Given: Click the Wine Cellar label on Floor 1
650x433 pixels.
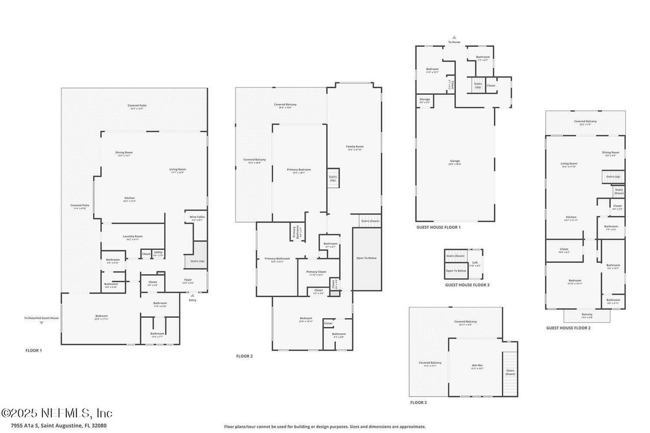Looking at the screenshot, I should (x=197, y=218).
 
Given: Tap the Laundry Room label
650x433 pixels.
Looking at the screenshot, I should (x=132, y=237).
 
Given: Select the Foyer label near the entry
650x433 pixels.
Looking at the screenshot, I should (x=188, y=280).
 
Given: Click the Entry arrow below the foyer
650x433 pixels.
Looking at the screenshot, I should (x=192, y=296).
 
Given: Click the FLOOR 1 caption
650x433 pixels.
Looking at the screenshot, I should (x=33, y=351).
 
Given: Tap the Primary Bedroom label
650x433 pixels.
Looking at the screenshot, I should (x=299, y=170).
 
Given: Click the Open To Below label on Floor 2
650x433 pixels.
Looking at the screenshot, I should (x=367, y=258).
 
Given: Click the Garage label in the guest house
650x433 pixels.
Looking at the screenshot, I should (x=455, y=162).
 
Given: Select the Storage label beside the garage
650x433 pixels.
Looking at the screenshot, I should (x=425, y=100).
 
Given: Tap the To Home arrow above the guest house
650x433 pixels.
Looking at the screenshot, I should (x=454, y=38).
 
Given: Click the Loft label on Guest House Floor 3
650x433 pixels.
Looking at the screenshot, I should (x=474, y=264).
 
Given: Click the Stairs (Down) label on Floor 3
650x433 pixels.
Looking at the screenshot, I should (x=510, y=372).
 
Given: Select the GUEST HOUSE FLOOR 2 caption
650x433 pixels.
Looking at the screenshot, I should (x=568, y=328).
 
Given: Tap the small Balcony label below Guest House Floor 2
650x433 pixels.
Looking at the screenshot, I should (x=587, y=315).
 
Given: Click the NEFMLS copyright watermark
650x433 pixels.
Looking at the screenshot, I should (x=57, y=413).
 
